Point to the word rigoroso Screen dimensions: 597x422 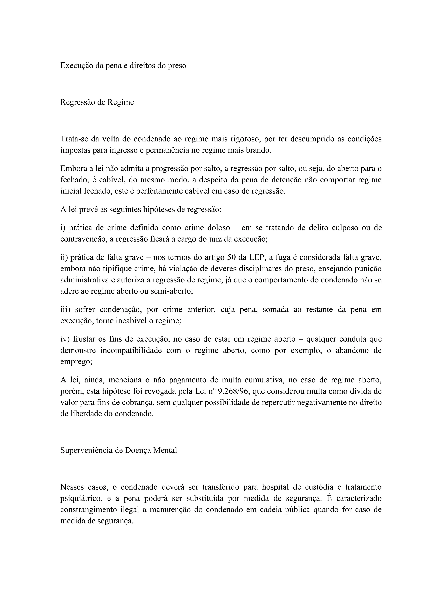point(245,139)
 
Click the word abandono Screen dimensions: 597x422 point(352,350)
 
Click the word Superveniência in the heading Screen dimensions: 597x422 point(87,450)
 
